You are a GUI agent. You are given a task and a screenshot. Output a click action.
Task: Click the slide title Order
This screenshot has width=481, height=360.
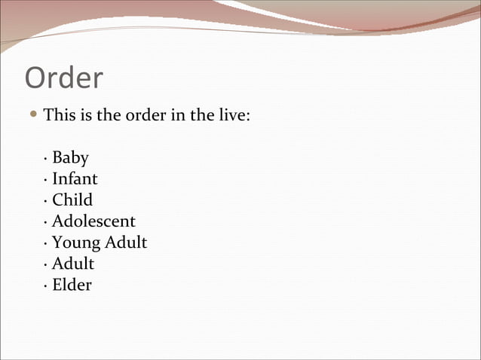point(64,78)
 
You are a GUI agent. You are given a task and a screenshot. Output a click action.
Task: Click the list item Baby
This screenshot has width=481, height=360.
point(70,158)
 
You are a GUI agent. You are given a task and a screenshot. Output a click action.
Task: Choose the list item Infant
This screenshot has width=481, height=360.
point(75,179)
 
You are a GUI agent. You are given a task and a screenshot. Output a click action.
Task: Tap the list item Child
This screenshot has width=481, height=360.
point(72,200)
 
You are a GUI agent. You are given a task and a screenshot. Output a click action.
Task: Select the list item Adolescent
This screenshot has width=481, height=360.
point(93,221)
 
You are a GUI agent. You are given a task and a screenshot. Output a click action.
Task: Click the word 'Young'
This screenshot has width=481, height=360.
point(75,243)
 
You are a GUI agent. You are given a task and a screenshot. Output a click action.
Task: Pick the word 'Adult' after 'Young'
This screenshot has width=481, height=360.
point(125,243)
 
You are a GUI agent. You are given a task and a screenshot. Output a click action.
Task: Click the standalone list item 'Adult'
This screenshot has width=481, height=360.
point(73,264)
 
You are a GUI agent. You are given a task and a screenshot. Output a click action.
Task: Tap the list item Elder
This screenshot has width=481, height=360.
point(72,285)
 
